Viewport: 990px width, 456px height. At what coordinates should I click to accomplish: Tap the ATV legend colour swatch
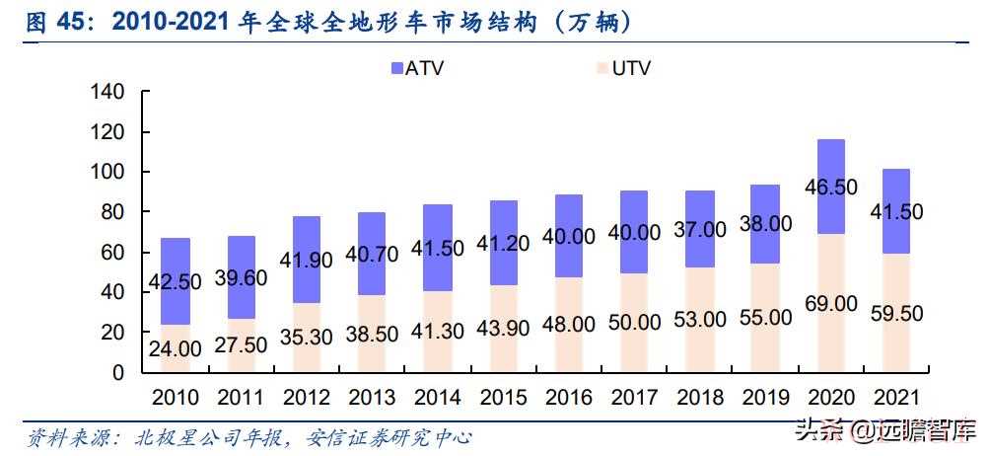397,68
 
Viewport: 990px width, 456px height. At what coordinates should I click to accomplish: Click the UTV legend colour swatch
602,68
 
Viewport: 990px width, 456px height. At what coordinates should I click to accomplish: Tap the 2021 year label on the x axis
897,398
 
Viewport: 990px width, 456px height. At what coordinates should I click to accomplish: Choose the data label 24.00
175,348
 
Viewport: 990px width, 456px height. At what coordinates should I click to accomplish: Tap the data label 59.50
897,314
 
